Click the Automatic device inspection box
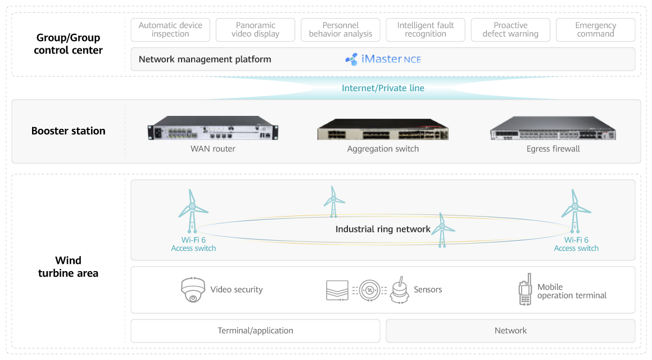pos(170,30)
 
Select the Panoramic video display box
pos(255,30)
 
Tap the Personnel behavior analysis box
pos(341,30)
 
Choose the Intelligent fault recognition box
pos(425,30)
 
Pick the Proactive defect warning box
pos(510,30)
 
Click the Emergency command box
pos(595,30)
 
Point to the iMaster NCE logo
pos(383,59)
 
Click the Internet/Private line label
pos(383,88)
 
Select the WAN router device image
pos(212,128)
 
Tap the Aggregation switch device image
pos(383,129)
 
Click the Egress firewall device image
pos(553,129)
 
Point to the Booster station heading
pos(69,131)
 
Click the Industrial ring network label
pos(383,229)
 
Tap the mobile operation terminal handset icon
pos(524,291)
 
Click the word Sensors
pos(428,290)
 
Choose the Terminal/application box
pos(255,331)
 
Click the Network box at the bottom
pos(510,331)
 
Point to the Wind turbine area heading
pos(68,267)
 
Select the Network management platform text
pos(205,59)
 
